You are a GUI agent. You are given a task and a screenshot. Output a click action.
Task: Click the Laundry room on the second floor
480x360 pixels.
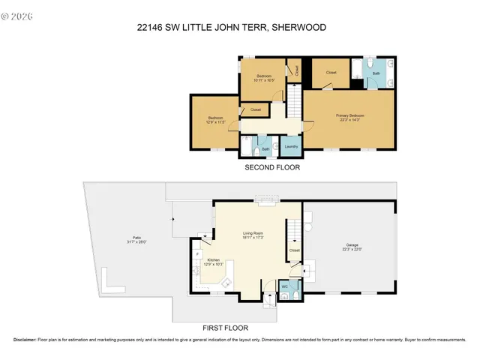pos(292,146)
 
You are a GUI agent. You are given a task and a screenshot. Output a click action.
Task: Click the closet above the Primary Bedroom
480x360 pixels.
pos(331,73)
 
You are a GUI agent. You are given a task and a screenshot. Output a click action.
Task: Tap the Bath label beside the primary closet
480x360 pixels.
pos(376,73)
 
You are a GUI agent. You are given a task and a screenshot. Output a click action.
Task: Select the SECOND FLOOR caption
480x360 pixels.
pos(272,168)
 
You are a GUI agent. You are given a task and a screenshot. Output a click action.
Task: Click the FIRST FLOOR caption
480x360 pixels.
pos(226,328)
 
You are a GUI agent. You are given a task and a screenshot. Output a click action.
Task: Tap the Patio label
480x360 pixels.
pos(130,238)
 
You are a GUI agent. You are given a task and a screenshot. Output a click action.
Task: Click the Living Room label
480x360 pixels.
pos(253,234)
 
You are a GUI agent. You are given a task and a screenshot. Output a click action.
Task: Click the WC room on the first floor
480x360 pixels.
pos(285,286)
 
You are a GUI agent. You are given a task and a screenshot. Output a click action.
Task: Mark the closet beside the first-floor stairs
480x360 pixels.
pos(294,250)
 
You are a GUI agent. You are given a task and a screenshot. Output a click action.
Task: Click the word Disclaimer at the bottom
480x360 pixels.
pos(25,340)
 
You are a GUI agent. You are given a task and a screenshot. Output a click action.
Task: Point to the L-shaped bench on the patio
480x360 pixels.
pos(110,284)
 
